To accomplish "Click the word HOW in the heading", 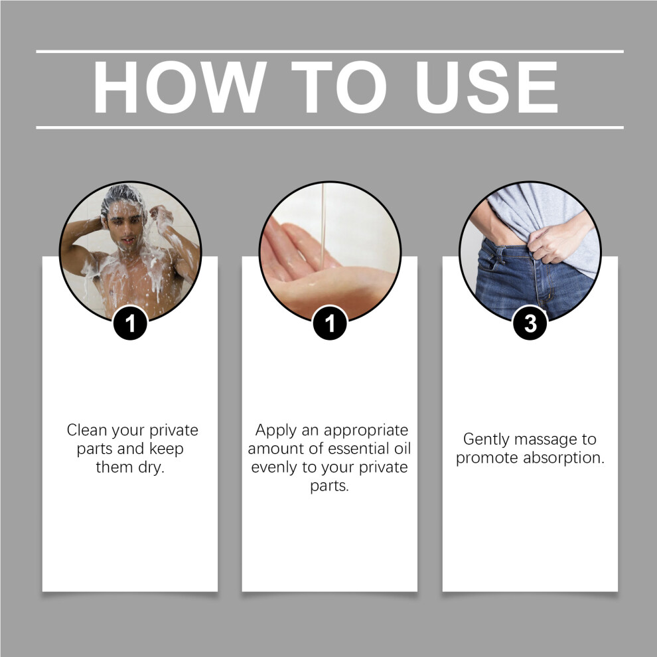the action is [179, 87].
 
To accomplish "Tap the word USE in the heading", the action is [486, 87].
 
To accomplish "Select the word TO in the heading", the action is [338, 87].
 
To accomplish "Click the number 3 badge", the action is [530, 323].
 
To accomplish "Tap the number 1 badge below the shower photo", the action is [130, 323].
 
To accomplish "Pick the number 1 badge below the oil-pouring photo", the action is [330, 323].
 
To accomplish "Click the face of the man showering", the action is [125, 227].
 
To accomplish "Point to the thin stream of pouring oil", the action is [323, 226].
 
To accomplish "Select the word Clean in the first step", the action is [87, 430].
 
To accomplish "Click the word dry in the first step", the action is [151, 467].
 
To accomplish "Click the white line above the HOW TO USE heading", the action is [330, 52].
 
